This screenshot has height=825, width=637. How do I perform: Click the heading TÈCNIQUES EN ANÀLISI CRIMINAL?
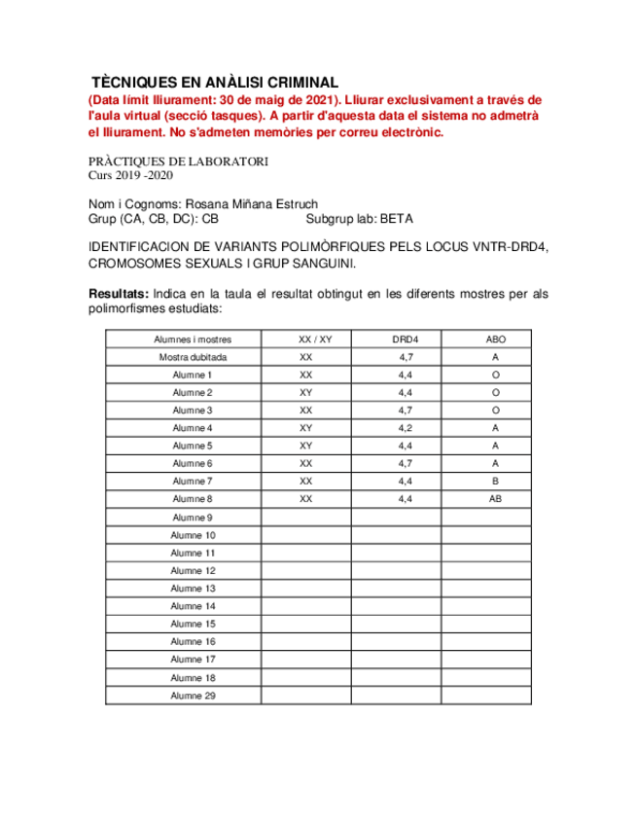click(x=214, y=83)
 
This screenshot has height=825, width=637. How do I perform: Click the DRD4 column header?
click(x=406, y=340)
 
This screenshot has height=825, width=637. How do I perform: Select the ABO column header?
click(x=495, y=340)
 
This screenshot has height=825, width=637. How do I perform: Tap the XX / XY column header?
click(x=315, y=340)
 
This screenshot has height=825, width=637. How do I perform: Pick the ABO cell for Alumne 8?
click(x=495, y=499)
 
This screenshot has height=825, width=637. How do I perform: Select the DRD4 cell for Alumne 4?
click(x=406, y=428)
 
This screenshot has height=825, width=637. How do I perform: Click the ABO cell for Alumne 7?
click(x=495, y=482)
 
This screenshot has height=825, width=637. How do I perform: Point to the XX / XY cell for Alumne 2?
click(x=306, y=393)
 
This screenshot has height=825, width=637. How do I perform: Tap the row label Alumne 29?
click(x=193, y=696)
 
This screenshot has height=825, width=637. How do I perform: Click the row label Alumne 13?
click(x=193, y=589)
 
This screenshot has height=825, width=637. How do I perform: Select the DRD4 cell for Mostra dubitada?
click(x=406, y=357)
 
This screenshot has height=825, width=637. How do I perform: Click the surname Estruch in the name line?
click(x=298, y=204)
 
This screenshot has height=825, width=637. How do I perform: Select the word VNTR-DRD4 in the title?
click(x=510, y=248)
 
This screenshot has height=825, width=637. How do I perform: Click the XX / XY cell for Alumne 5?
click(x=306, y=446)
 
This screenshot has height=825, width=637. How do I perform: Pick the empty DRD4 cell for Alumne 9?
click(x=406, y=518)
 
